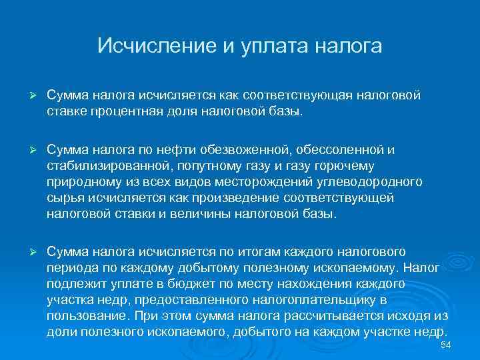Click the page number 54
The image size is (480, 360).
click(447, 344)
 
